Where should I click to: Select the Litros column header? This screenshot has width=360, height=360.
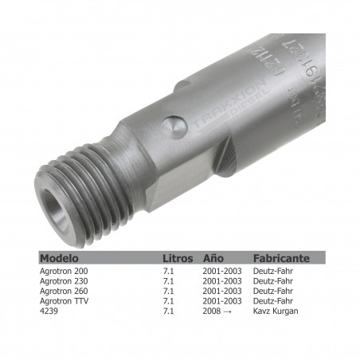tap(177, 259)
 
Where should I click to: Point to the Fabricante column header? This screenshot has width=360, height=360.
tap(281, 259)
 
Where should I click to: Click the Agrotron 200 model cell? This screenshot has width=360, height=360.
tap(65, 272)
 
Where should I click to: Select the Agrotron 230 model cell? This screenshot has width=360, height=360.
tap(65, 281)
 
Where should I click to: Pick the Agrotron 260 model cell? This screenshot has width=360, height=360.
tap(65, 291)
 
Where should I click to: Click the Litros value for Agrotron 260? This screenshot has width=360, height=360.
tap(168, 291)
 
